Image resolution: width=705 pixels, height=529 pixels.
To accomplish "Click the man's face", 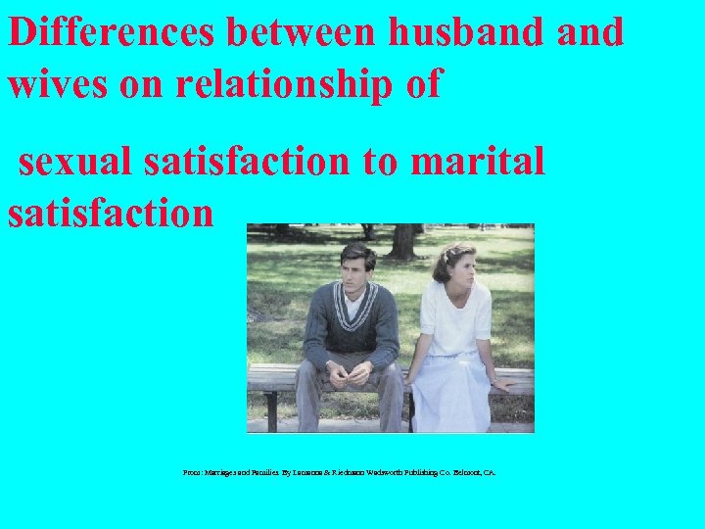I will (356, 269).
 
